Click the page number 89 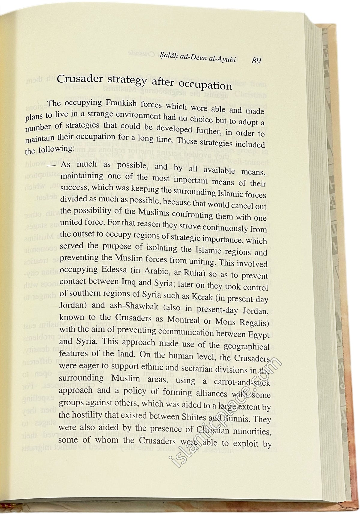[256, 60]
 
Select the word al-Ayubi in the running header [224, 59]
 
